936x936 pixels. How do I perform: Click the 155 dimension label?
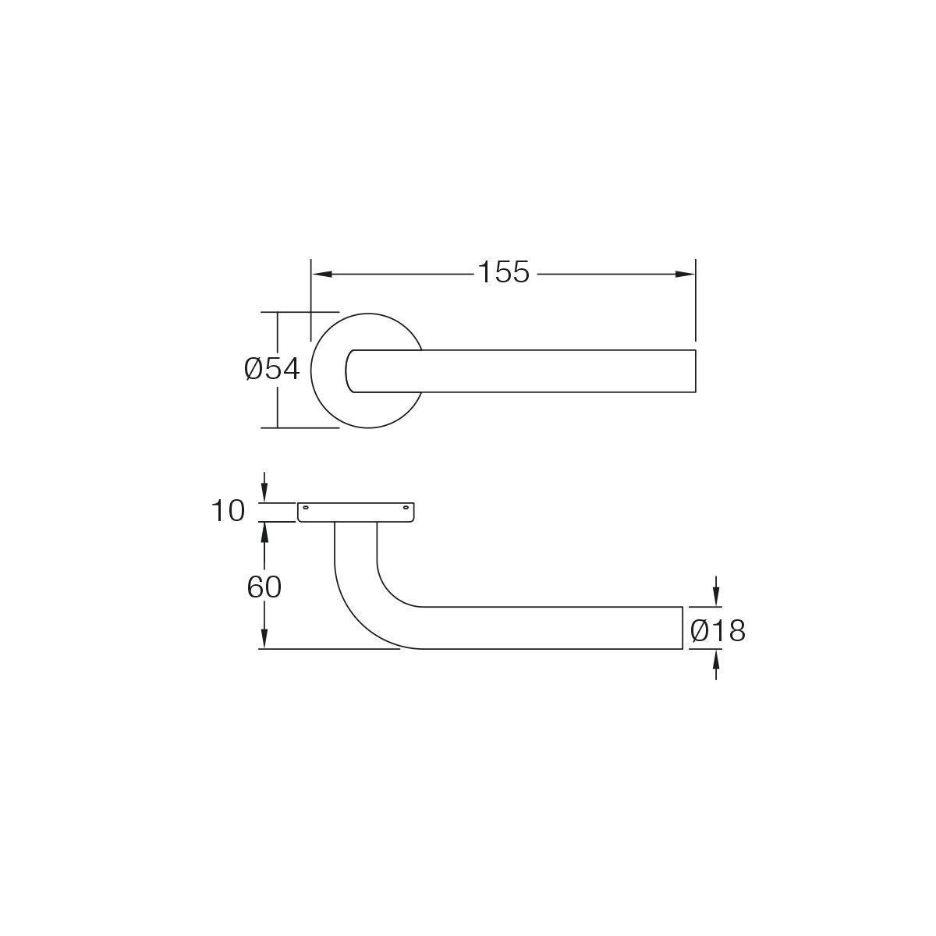504,272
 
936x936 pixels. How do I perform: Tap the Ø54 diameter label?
272,369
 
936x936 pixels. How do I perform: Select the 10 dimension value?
228,511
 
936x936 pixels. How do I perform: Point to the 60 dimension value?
264,587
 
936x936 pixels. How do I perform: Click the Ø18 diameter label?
718,632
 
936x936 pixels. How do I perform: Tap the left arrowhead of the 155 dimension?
322,275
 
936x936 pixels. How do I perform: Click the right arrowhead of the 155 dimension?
685,275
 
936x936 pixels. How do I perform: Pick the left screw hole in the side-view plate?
306,508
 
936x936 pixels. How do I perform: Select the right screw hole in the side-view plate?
406,508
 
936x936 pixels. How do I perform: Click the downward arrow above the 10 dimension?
264,486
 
